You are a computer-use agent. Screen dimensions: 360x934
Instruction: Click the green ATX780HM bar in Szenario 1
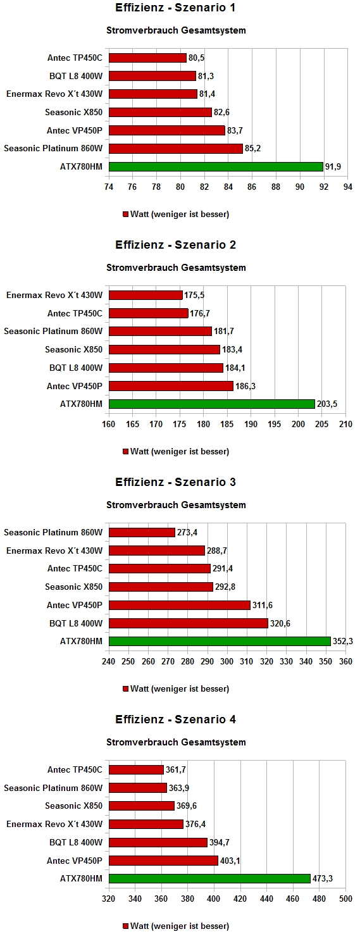[216, 167]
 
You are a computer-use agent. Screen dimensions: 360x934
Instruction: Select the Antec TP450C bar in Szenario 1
[147, 58]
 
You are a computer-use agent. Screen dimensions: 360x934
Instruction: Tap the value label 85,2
[252, 149]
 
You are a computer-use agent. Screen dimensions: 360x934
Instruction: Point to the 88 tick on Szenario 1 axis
[276, 187]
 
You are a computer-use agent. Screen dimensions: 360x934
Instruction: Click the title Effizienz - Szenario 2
[175, 245]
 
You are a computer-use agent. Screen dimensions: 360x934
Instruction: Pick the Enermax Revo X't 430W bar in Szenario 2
[146, 296]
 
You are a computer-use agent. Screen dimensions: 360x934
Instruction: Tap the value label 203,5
[327, 404]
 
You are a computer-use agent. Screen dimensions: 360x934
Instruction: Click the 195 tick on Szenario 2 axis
[275, 424]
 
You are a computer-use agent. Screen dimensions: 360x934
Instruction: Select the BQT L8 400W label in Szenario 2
[76, 368]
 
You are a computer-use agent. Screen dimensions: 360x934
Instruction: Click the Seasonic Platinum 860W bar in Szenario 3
[142, 532]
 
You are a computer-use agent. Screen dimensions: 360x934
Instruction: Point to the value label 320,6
[280, 623]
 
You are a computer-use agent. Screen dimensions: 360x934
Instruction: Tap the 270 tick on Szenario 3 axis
[168, 661]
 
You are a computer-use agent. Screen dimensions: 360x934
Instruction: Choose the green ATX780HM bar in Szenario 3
[220, 641]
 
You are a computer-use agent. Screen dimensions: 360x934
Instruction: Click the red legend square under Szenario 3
[125, 689]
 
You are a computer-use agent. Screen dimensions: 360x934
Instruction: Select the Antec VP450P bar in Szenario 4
[163, 861]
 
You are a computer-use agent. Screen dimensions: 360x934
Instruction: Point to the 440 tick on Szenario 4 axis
[266, 899]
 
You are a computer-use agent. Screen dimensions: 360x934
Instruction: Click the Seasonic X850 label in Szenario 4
[74, 806]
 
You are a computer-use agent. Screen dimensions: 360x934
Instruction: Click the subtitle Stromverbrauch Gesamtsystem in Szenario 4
[176, 742]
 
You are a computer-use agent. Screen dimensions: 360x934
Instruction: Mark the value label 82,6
[221, 112]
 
